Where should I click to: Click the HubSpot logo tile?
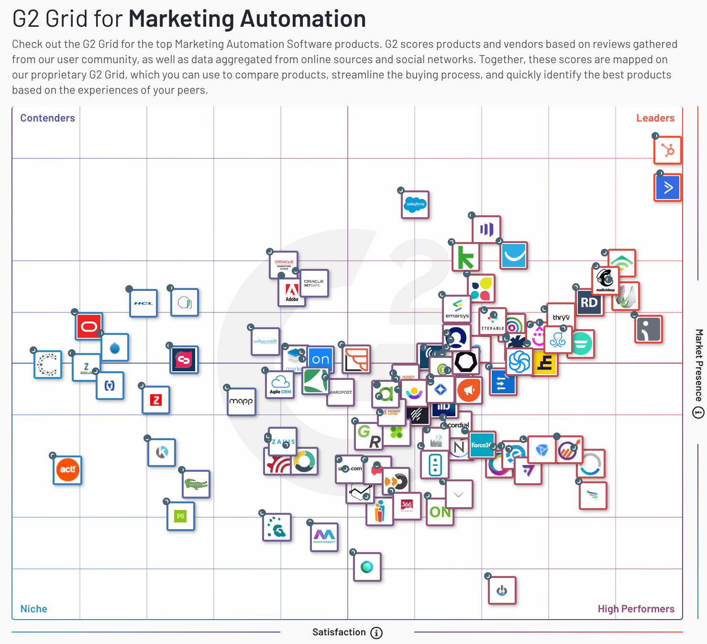pos(668,151)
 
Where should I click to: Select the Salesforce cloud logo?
pos(415,205)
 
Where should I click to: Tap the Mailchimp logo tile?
pos(605,279)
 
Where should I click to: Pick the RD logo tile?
pos(589,302)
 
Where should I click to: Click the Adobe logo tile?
pos(292,292)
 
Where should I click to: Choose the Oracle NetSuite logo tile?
pos(314,283)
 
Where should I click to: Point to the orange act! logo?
pos(67,470)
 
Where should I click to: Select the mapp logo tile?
pos(241,401)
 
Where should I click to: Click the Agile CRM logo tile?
pos(280,384)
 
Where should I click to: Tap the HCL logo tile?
pos(143,303)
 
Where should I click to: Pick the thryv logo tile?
pos(561,317)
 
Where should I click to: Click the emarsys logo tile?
pos(457,310)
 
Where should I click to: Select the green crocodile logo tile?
pos(196,484)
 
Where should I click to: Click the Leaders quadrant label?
pos(655,118)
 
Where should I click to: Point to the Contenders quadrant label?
pos(47,118)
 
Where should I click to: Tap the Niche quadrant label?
pos(33,609)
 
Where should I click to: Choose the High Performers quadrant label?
pos(636,609)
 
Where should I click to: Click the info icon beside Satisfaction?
pos(377,633)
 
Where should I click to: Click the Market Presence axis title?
pos(699,365)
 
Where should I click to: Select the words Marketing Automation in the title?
pos(247,19)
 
